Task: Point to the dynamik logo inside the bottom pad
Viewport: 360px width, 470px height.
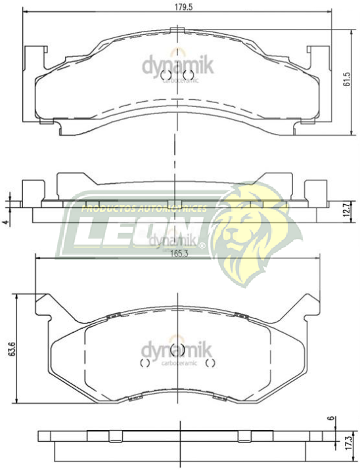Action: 174,350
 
